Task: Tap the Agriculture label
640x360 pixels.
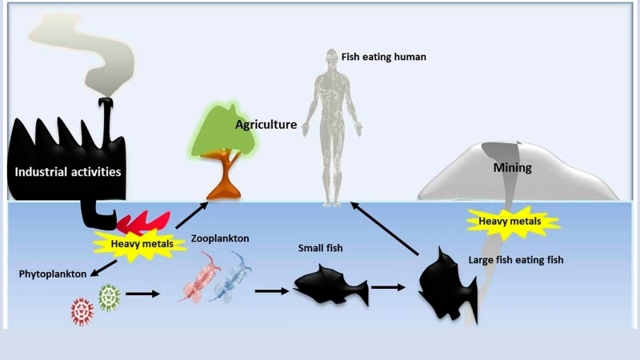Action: pyautogui.click(x=266, y=125)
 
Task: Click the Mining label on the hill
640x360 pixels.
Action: pyautogui.click(x=512, y=168)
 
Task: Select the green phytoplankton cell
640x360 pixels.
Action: pyautogui.click(x=109, y=298)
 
